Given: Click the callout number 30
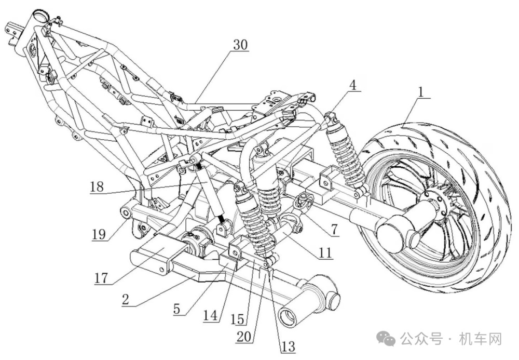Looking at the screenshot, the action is click(x=240, y=44).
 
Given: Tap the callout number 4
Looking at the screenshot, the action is click(x=353, y=85).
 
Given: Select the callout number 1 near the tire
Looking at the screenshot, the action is click(x=421, y=91).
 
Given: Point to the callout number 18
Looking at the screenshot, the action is click(x=97, y=187).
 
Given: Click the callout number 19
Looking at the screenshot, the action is click(x=99, y=234).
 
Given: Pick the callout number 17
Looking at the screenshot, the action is click(x=101, y=277).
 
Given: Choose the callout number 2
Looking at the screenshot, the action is click(x=125, y=299).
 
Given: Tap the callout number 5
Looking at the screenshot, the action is click(x=177, y=309).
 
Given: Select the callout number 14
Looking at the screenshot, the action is click(x=210, y=315).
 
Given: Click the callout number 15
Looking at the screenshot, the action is click(x=237, y=319).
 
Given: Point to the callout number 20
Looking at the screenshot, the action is click(x=244, y=337).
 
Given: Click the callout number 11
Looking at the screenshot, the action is click(x=325, y=252).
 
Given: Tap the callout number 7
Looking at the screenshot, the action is click(x=335, y=229).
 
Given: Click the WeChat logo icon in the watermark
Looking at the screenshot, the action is click(x=388, y=338).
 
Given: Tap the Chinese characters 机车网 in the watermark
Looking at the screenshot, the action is click(x=480, y=339).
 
